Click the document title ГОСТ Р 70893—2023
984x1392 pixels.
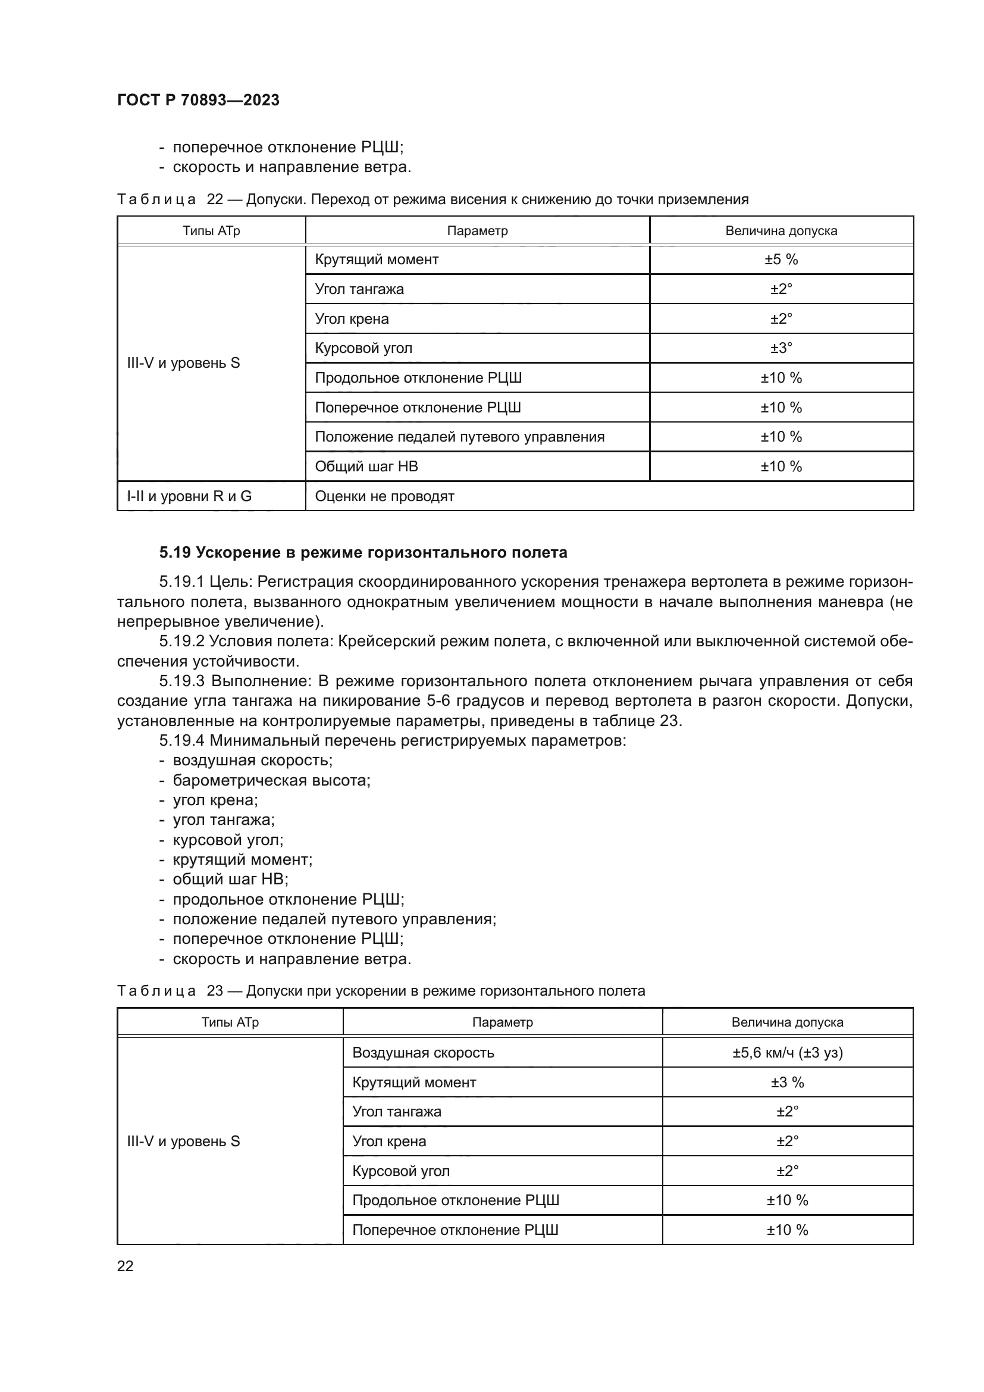click(198, 100)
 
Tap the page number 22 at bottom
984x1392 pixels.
click(125, 1265)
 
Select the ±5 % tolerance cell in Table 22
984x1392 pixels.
click(781, 259)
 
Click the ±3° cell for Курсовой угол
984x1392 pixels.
click(781, 348)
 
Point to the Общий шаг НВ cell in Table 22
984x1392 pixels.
click(366, 466)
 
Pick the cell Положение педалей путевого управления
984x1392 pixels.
click(459, 436)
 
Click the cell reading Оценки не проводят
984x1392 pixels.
click(384, 496)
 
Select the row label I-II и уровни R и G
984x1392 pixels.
click(189, 496)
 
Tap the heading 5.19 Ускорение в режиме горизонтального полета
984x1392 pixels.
click(363, 552)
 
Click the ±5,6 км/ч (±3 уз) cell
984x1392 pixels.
click(786, 1053)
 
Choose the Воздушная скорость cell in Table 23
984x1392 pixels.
click(423, 1053)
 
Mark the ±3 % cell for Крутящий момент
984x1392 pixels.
click(786, 1082)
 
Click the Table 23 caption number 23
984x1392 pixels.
click(215, 991)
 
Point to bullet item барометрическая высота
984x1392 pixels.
click(271, 780)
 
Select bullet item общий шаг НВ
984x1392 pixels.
click(230, 879)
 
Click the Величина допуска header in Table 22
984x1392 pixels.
click(781, 231)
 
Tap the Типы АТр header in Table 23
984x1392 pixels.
click(230, 1022)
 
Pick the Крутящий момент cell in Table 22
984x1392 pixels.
click(376, 259)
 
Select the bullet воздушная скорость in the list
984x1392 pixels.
click(252, 760)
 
